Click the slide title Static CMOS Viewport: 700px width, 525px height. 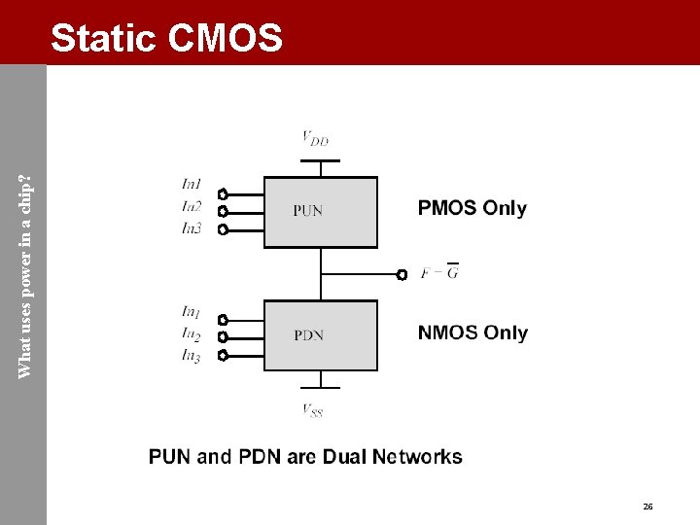166,39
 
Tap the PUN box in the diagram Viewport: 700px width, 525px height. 321,211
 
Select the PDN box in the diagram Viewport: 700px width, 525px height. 321,335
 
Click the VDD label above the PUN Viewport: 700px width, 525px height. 315,139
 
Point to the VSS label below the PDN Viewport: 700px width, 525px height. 312,410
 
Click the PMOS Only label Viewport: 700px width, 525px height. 472,208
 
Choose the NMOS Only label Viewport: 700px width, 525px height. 472,332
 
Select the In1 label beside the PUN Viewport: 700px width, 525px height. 192,184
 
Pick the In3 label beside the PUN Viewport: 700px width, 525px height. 192,228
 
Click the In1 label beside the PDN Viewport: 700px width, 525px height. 192,312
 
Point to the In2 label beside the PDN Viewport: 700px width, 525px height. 192,335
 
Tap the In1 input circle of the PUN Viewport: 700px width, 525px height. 223,193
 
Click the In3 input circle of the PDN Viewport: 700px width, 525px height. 223,355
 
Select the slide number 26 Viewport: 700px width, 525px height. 647,507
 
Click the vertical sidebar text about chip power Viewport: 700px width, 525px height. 25,262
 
